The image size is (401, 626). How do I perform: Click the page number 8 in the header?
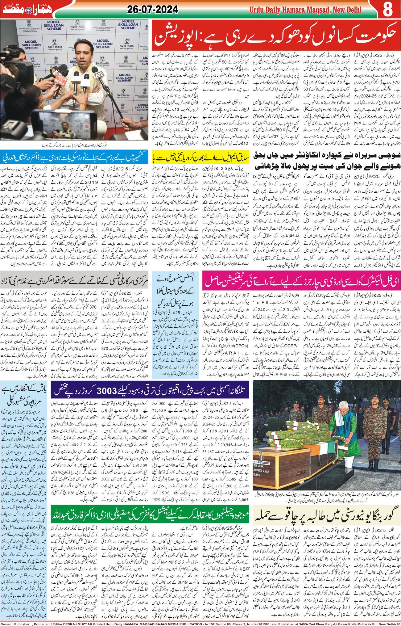(388, 10)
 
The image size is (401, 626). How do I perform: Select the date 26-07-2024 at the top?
(152, 10)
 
